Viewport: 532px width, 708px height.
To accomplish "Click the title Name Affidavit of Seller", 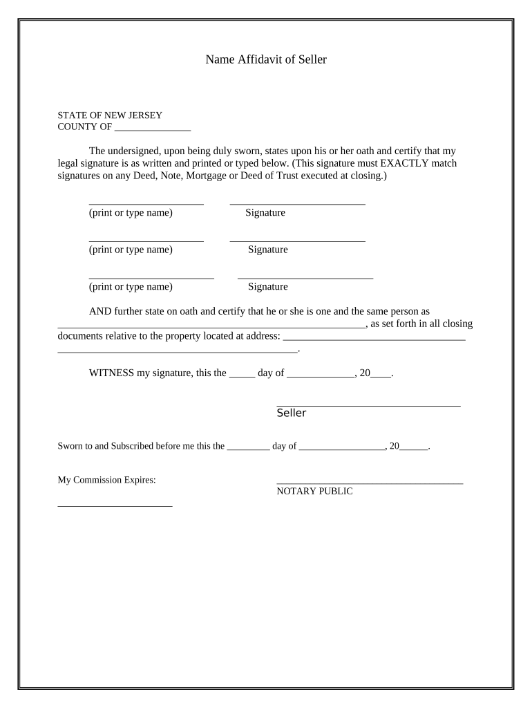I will tap(265, 60).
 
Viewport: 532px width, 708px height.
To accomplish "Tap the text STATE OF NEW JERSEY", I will tap(109, 115).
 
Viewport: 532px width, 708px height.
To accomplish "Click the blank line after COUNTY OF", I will tap(153, 129).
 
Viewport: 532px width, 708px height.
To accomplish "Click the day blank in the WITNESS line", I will tap(242, 375).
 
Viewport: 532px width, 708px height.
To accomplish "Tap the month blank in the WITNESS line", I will tap(320, 375).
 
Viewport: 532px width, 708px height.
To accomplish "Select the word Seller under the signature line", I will tap(291, 413).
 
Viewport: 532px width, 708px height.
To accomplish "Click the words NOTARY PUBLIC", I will tap(314, 492).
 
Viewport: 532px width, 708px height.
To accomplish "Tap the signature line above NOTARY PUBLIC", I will tap(370, 483).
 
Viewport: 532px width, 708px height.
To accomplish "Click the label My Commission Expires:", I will tap(106, 480).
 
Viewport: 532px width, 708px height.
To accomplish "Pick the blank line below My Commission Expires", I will tap(115, 506).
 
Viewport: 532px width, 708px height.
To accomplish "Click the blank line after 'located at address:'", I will tap(374, 339).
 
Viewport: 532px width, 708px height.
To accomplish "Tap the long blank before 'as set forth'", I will tap(211, 326).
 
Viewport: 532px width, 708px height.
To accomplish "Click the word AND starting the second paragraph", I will tap(100, 312).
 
